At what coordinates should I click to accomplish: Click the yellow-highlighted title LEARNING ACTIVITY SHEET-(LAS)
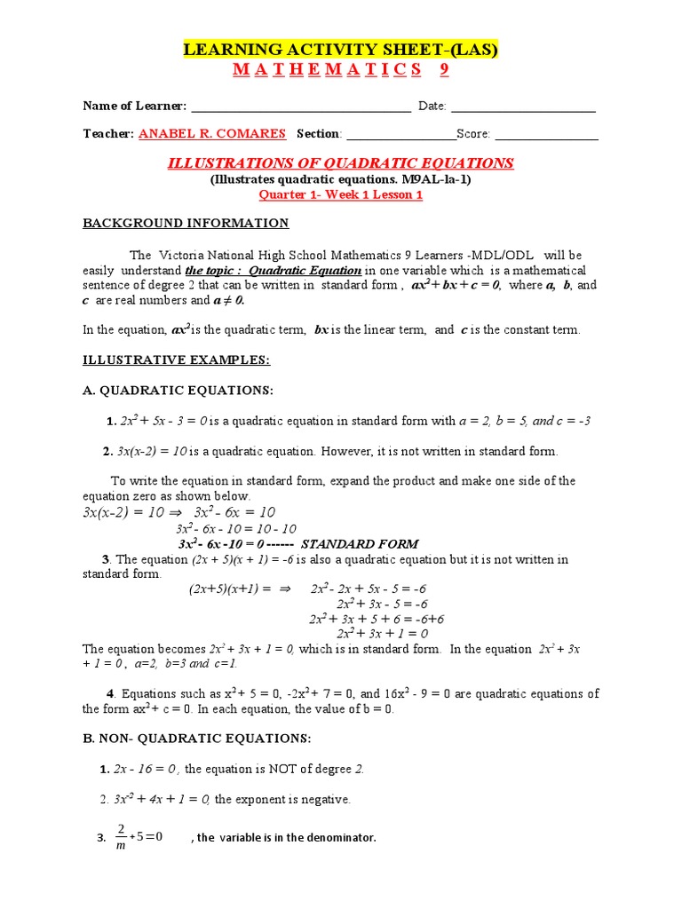click(340, 50)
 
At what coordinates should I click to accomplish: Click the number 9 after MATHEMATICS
click(443, 70)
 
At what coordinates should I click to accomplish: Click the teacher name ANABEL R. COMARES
click(212, 134)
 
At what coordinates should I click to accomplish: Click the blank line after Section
click(400, 135)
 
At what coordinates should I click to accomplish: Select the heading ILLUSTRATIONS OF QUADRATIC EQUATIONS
click(340, 163)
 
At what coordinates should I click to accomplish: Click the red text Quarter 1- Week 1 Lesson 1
click(340, 195)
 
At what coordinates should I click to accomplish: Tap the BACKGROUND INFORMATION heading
click(186, 223)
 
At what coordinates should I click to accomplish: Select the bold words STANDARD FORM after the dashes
click(360, 543)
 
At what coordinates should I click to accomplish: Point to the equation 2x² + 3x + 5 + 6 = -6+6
click(376, 619)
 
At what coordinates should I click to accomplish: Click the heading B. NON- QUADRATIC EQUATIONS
click(196, 739)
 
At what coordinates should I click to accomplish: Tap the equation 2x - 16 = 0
click(147, 769)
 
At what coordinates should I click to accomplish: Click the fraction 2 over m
click(121, 837)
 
